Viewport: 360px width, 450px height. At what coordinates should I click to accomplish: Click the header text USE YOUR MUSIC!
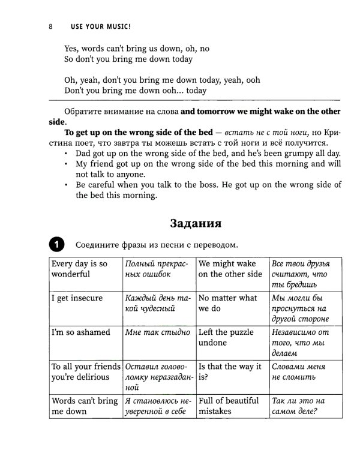[100, 27]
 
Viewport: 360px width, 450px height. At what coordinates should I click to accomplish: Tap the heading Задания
[196, 224]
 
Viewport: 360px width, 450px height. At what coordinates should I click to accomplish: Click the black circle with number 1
[55, 245]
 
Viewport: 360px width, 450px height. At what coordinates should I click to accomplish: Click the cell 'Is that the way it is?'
[230, 371]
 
